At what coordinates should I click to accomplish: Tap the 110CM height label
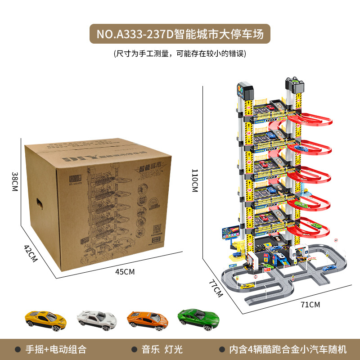[x=194, y=180]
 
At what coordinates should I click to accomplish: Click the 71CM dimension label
[x=310, y=305]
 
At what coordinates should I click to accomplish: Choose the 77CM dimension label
[x=216, y=288]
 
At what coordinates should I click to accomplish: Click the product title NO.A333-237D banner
[x=180, y=34]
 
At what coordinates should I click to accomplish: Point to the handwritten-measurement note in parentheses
[x=180, y=54]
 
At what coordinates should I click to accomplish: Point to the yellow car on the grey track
[x=247, y=286]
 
